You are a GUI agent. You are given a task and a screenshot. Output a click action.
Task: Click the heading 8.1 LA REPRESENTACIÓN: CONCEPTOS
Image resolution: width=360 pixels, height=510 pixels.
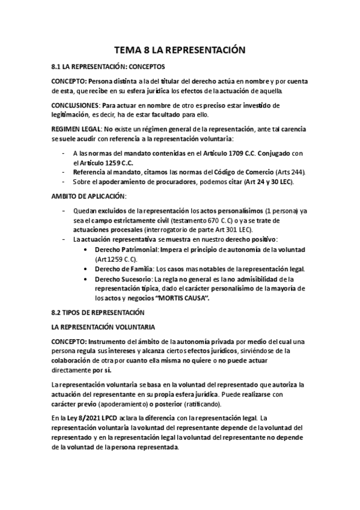pos(108,67)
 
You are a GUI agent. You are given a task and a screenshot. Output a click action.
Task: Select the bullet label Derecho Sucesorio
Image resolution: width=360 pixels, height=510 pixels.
pos(120,279)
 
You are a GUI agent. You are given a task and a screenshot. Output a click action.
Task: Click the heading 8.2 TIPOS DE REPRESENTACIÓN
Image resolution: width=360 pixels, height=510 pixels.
pos(99,313)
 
